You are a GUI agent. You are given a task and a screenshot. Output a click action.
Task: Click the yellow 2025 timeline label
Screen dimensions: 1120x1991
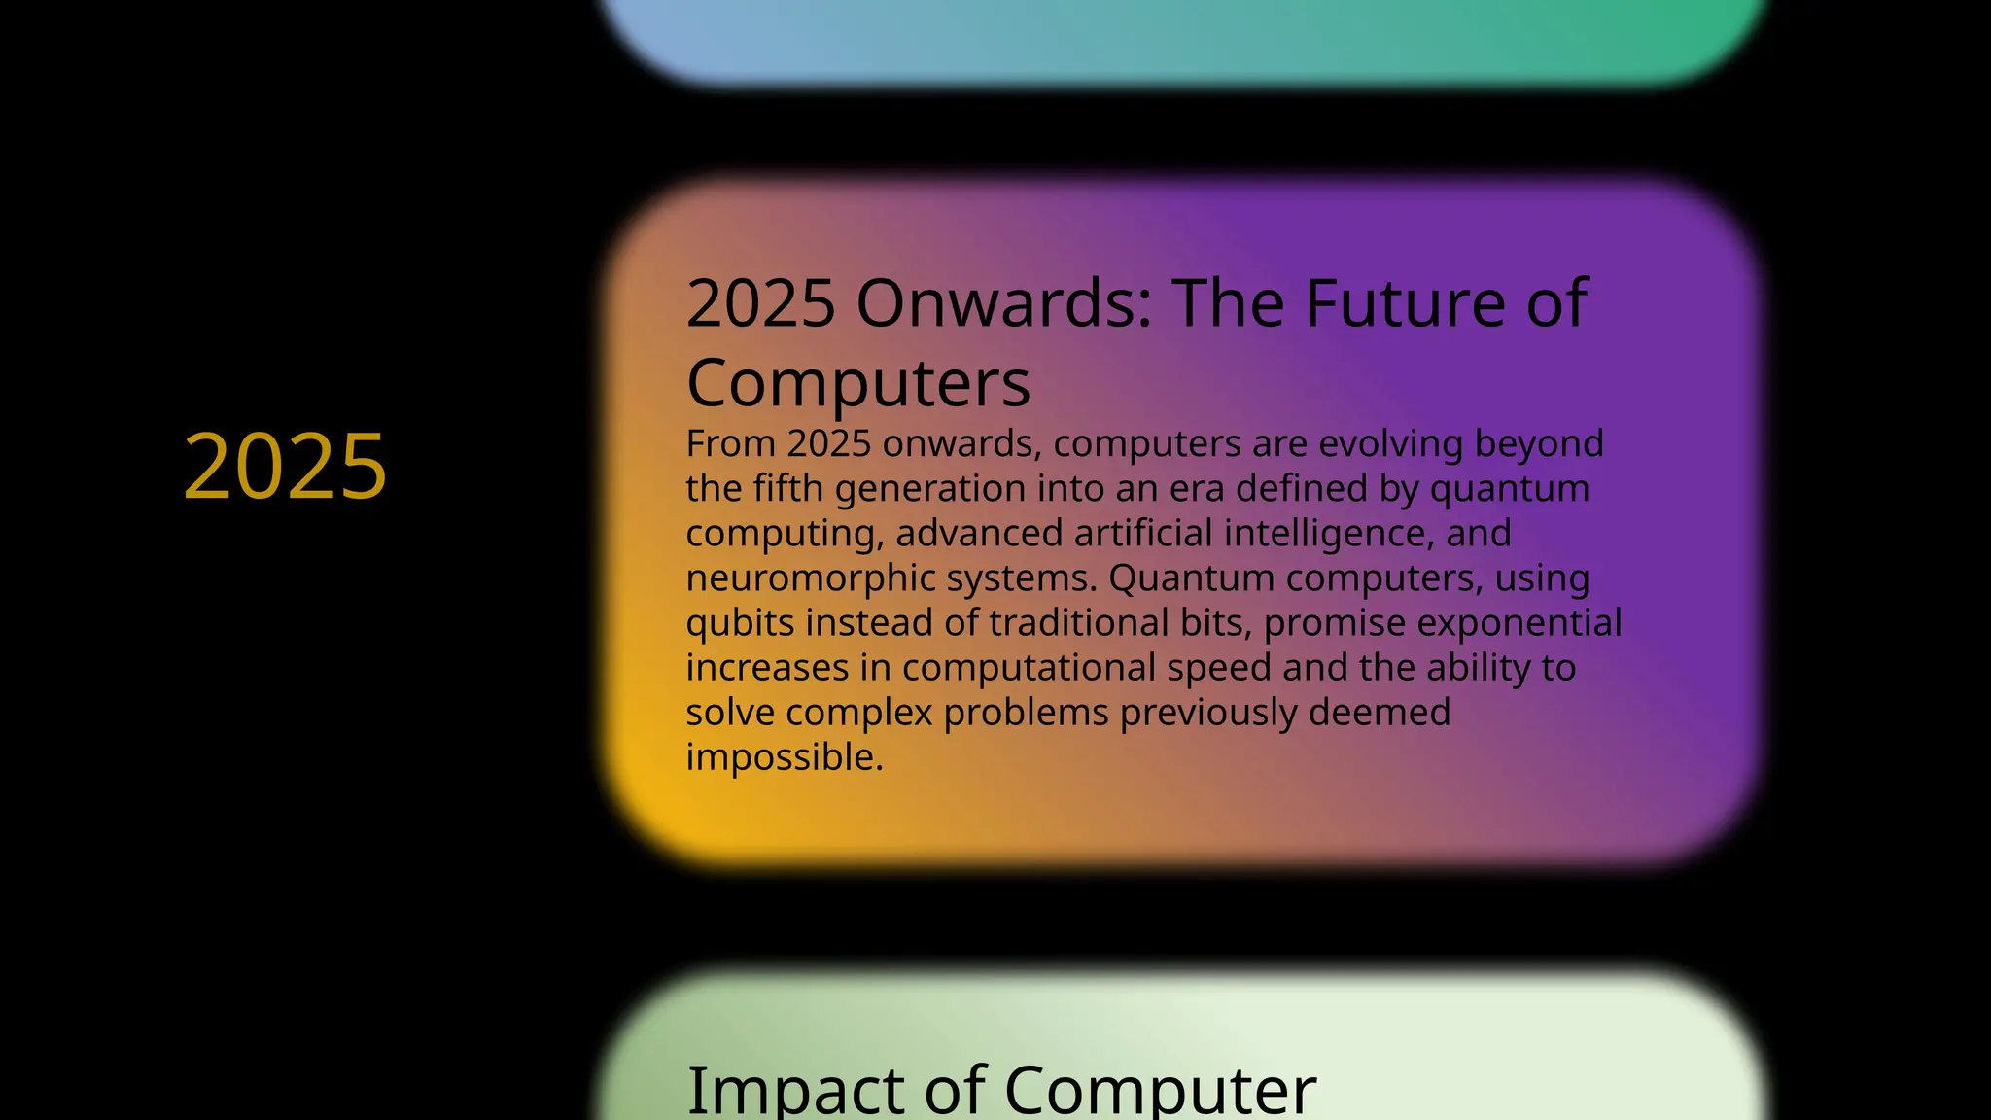click(285, 467)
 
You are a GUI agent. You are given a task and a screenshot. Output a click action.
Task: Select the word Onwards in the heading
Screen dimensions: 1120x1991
click(1003, 303)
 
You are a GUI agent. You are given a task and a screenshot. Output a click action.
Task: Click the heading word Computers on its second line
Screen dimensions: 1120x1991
click(857, 383)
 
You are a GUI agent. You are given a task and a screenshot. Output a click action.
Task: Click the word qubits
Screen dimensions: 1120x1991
click(740, 622)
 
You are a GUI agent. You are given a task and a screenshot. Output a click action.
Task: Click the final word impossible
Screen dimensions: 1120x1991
click(784, 757)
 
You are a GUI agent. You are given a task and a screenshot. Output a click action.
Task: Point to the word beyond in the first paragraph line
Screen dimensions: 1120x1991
click(1539, 443)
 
